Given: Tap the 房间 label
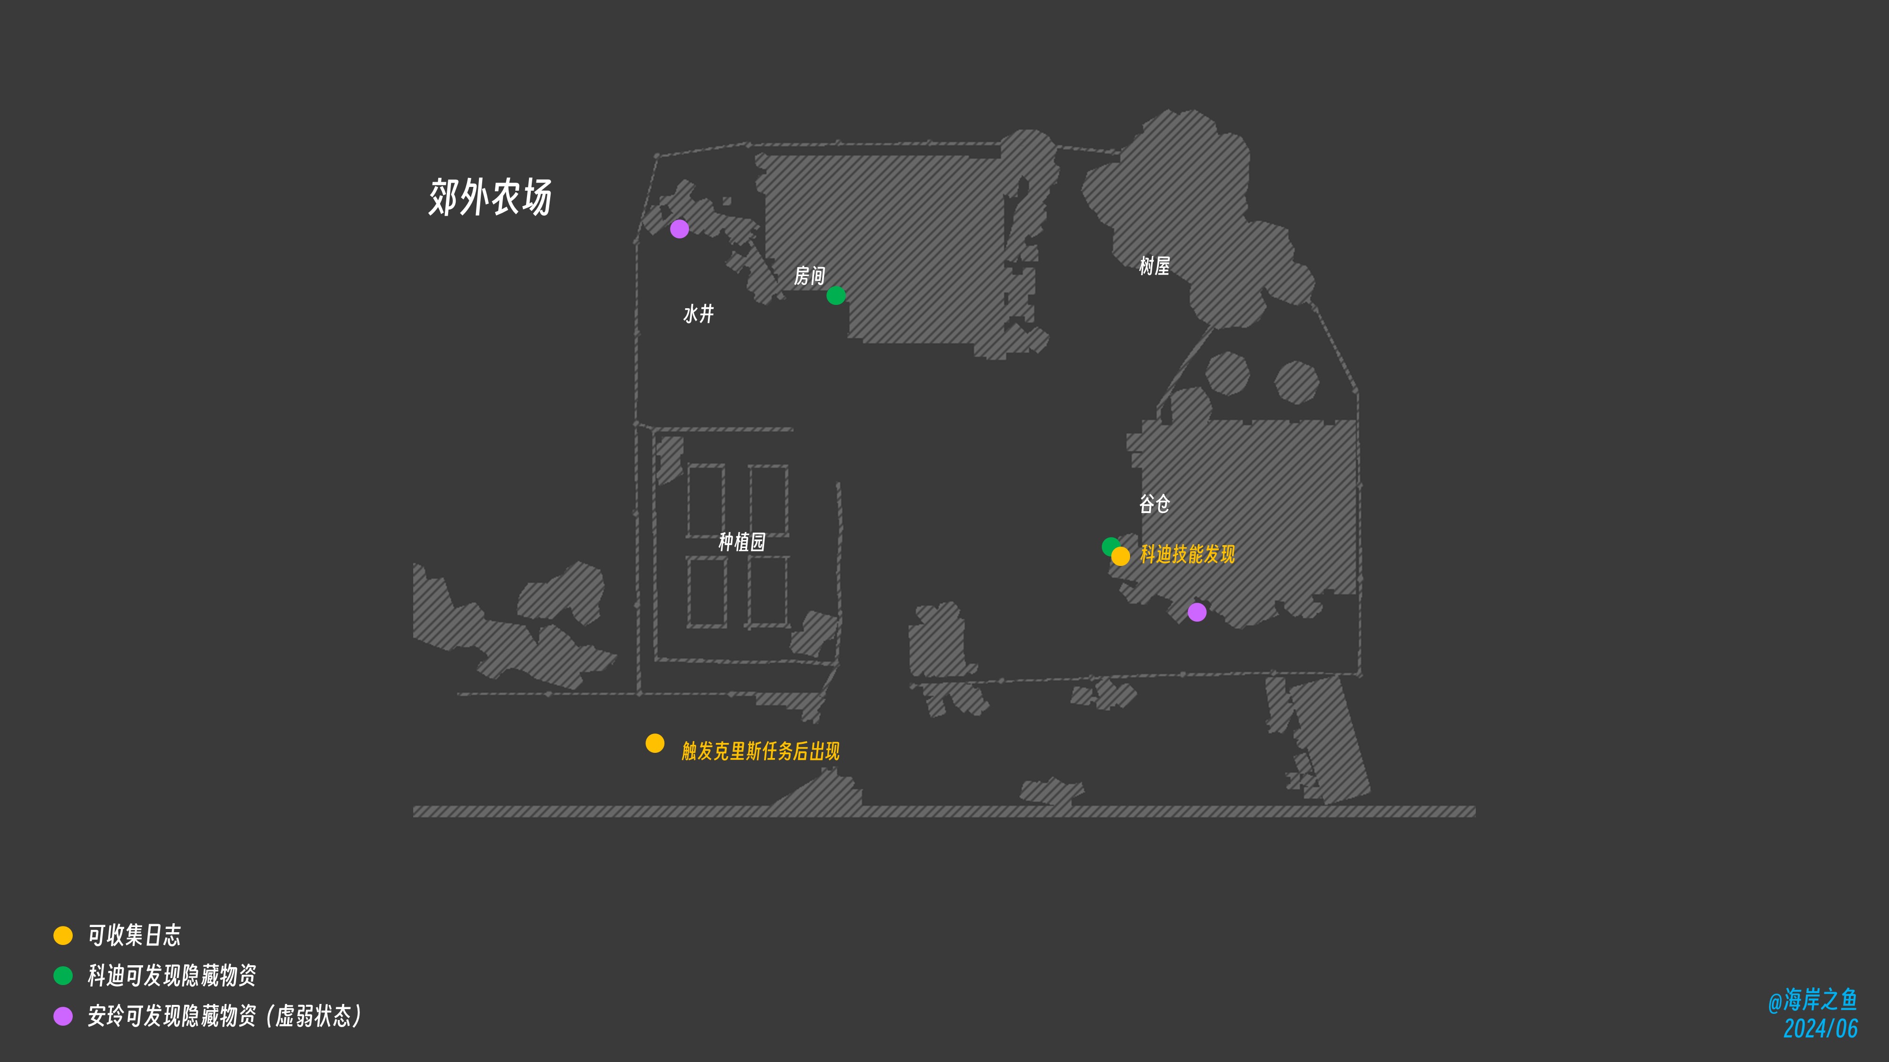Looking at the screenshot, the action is pos(809,276).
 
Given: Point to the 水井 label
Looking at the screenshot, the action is pos(698,314).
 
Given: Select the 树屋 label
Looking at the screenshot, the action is pos(1154,265).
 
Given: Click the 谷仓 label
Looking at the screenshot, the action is pos(1154,504).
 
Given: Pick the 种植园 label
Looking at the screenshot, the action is pos(742,542).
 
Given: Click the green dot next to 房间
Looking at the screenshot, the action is pos(836,295).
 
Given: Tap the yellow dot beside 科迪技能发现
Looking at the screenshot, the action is pos(1121,556).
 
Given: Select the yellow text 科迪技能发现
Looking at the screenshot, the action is pos(1188,554).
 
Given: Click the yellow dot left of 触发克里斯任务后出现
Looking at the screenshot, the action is pos(655,743).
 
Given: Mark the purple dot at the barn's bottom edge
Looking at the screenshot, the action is pos(1197,612).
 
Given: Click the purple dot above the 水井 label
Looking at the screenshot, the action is pos(680,228).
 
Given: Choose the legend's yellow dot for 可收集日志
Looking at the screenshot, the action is pos(63,935).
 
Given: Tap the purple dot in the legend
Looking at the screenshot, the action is pos(63,1016).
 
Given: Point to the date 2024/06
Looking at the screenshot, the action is pos(1821,1028).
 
